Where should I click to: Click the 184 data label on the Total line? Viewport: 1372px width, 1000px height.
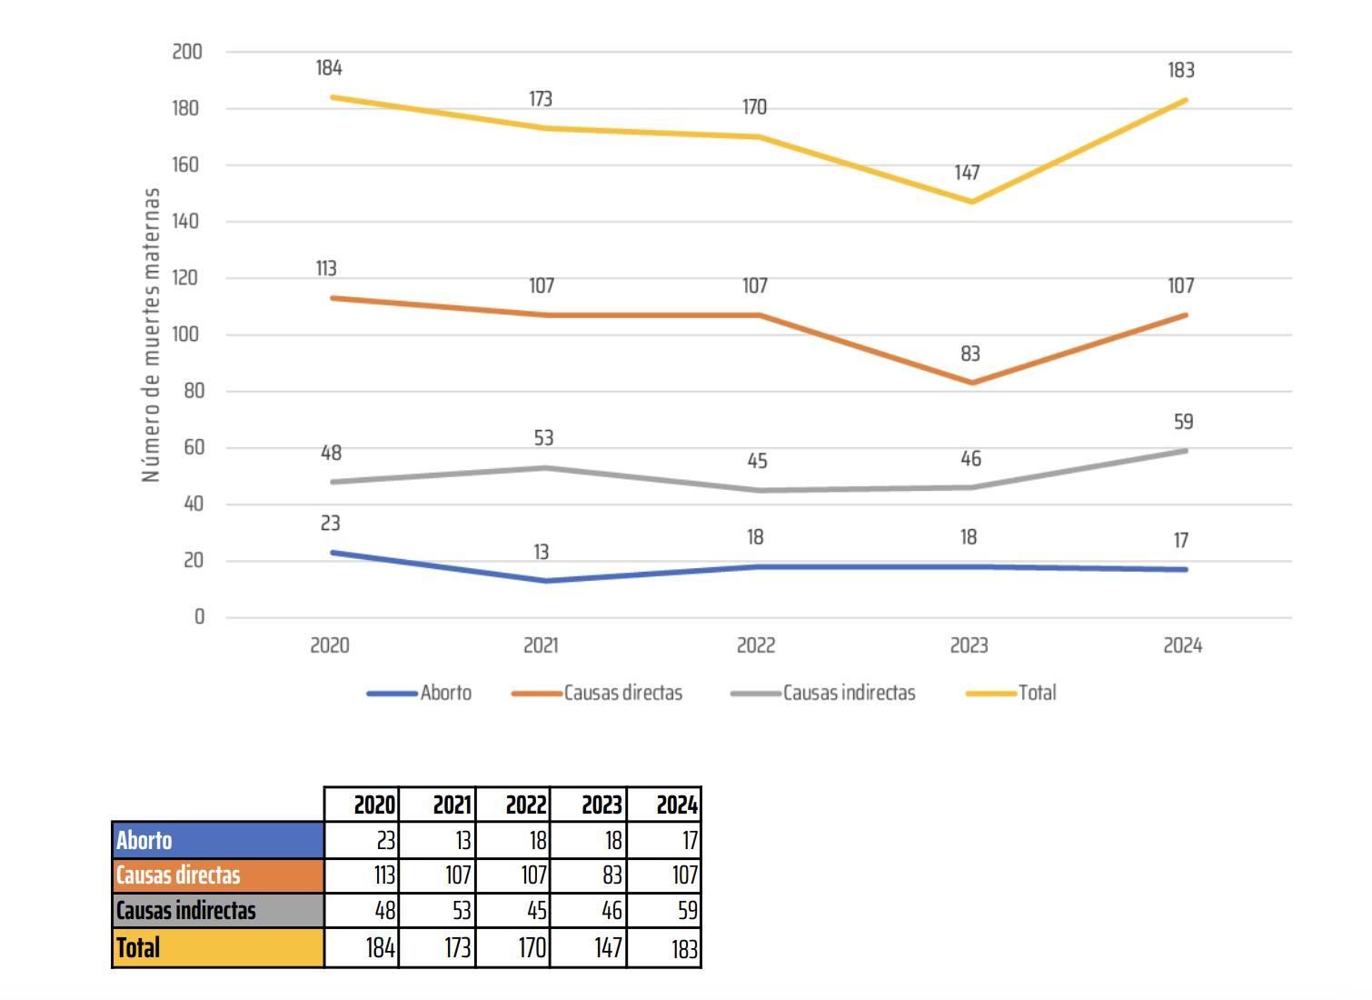coord(329,68)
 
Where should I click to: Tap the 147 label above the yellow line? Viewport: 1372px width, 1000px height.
coord(967,173)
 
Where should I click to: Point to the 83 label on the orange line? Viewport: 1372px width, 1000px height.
coord(970,354)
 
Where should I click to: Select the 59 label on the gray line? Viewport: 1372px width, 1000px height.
coord(1183,422)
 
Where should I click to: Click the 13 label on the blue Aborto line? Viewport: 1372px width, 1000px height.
coord(541,552)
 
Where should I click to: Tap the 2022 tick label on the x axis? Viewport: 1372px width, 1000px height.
coord(755,645)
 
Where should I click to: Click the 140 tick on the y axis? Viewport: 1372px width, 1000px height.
coord(187,221)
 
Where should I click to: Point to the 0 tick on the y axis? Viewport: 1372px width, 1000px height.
coord(199,617)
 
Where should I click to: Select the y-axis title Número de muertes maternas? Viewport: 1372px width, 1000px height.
coord(151,335)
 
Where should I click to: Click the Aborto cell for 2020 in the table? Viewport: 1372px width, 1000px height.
coord(362,840)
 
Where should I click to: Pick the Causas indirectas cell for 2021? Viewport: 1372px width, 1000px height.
coord(437,910)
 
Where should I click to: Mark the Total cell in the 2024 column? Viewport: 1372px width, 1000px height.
coord(664,948)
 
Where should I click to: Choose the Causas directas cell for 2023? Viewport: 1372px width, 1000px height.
coord(589,875)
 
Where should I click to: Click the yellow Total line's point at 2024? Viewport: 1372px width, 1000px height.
coord(1184,100)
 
